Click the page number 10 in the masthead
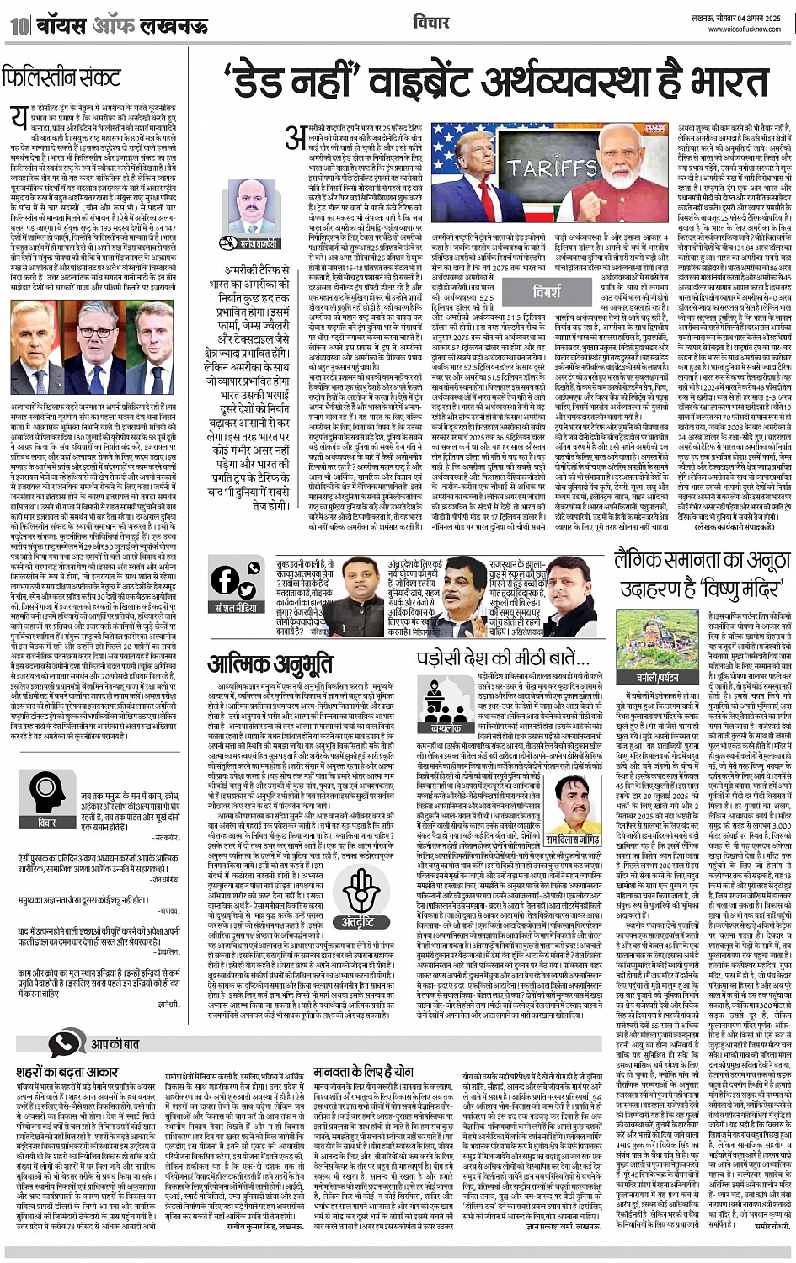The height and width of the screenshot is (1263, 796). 18,26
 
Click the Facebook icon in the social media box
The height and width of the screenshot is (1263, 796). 224,580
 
